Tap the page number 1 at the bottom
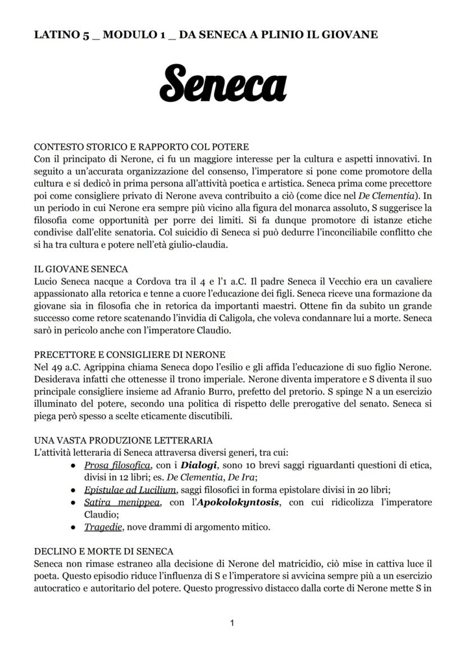click(x=233, y=623)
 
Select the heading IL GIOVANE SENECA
click(x=81, y=269)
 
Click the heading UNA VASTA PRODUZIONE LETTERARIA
click(x=123, y=440)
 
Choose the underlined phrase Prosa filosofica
click(x=117, y=465)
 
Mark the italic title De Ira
click(x=243, y=478)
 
